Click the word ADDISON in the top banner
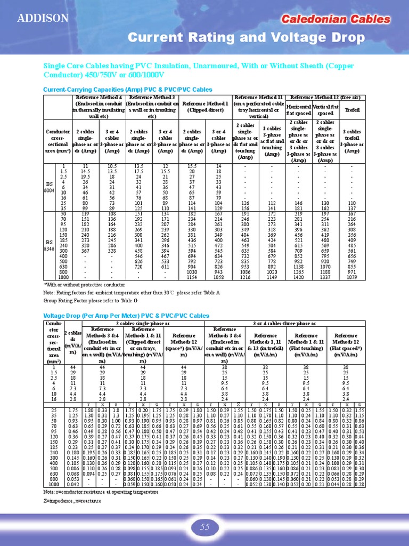point(43,19)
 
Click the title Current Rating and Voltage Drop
point(247,38)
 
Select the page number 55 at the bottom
point(205,527)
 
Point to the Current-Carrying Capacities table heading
point(127,89)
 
